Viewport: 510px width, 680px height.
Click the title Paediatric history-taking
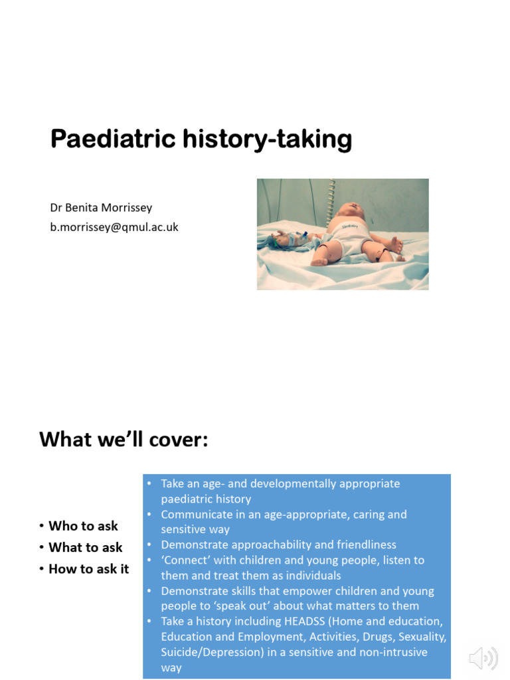click(x=201, y=139)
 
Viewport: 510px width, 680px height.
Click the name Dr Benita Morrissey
click(x=101, y=207)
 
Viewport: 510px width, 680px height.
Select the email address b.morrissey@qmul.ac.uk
click(x=114, y=227)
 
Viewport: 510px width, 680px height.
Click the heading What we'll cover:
click(x=124, y=439)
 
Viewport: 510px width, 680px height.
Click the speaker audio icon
click(x=483, y=658)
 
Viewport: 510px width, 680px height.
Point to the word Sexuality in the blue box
click(x=422, y=636)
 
